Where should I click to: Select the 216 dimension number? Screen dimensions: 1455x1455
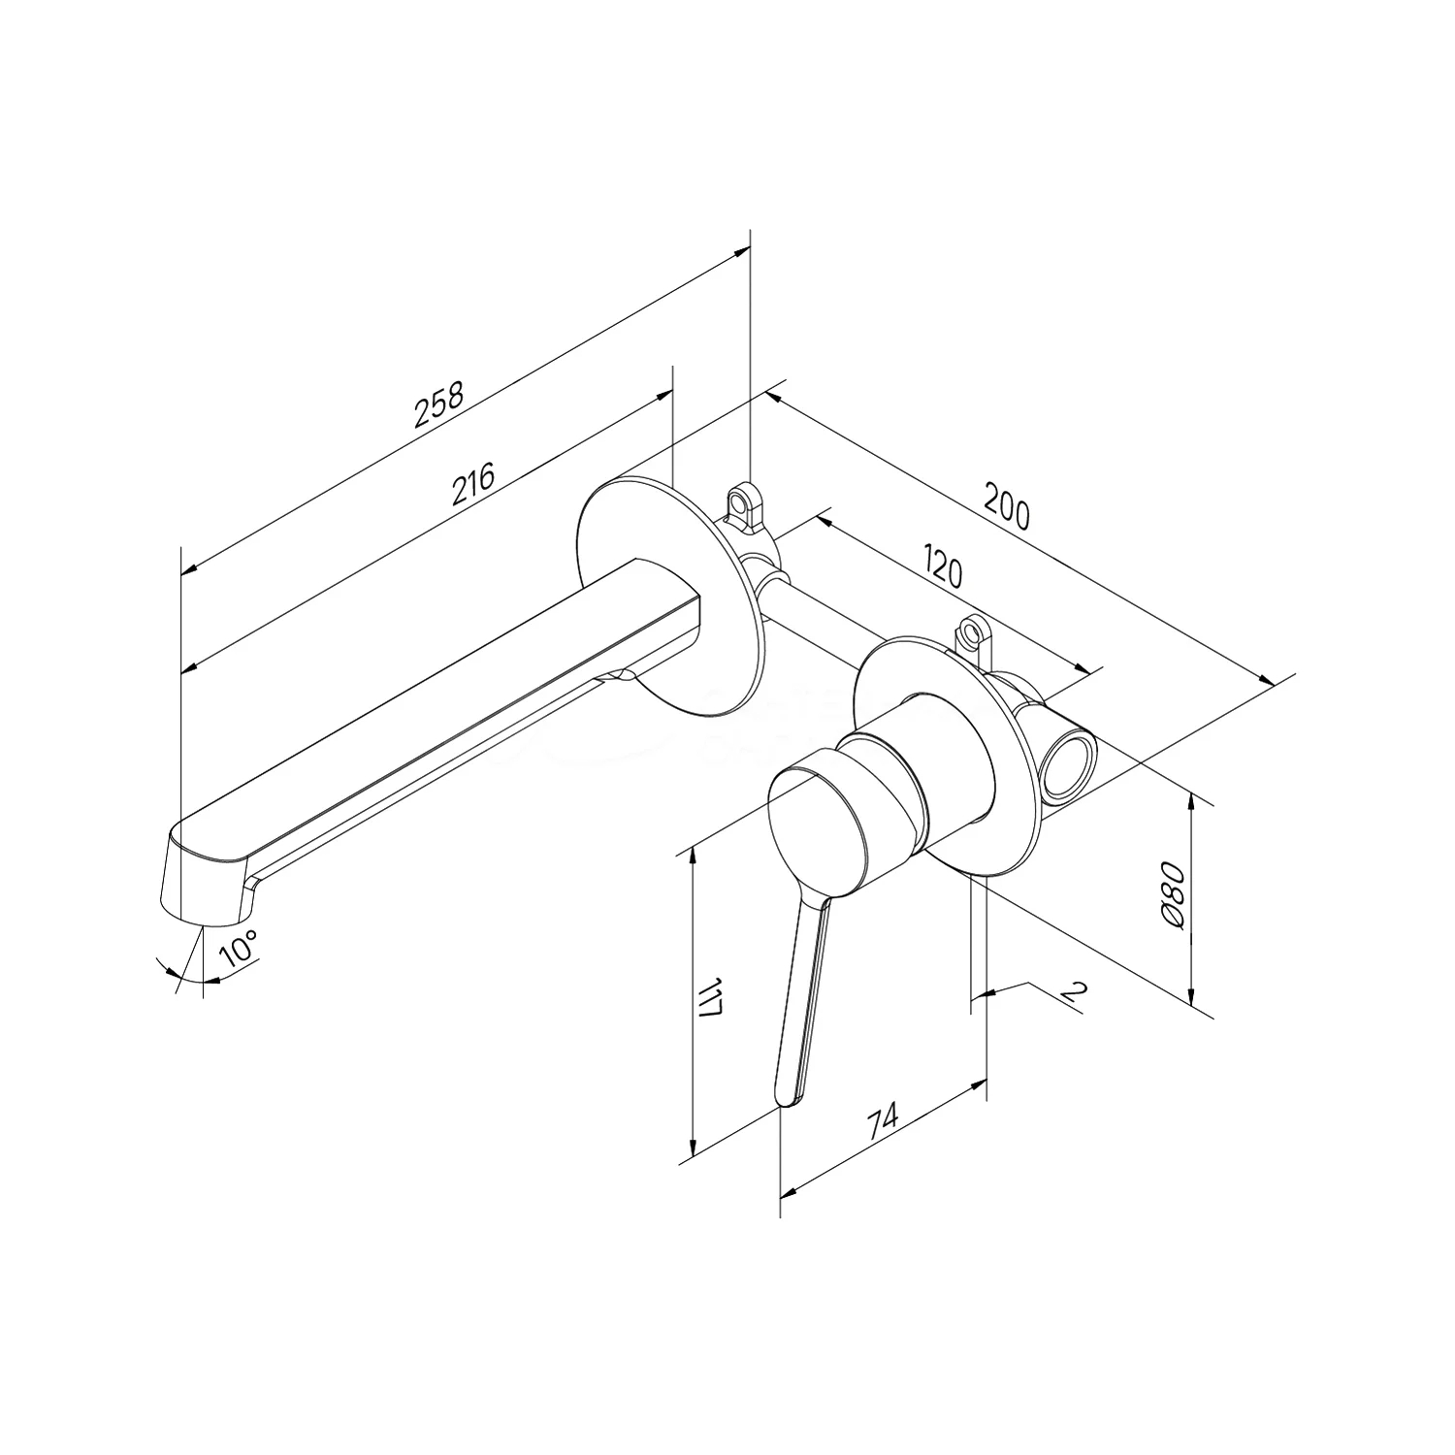tap(474, 484)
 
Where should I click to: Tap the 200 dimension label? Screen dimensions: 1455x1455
tap(1008, 504)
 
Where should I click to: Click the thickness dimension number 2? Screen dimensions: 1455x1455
tap(1072, 991)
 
